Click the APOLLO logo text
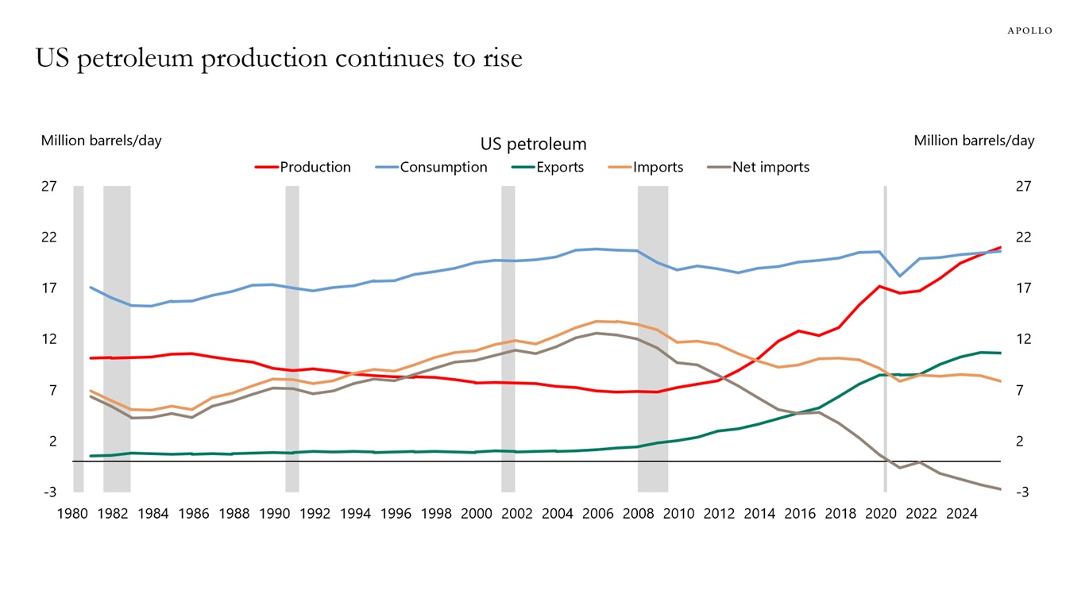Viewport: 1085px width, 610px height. click(x=1029, y=31)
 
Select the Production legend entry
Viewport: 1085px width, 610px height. click(x=315, y=167)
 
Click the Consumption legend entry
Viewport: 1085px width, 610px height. click(x=443, y=167)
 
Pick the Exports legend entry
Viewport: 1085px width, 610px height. click(x=559, y=167)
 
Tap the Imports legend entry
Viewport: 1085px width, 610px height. click(x=658, y=167)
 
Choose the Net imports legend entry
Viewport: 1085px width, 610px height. click(x=770, y=167)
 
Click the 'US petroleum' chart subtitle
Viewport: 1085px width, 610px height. click(x=533, y=145)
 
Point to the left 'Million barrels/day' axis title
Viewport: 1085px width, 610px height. click(x=101, y=141)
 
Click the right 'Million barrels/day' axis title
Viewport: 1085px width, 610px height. click(x=974, y=141)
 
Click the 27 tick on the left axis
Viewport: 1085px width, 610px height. click(x=49, y=187)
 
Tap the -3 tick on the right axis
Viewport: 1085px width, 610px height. click(x=1023, y=492)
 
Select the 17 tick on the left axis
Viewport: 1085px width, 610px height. click(x=49, y=288)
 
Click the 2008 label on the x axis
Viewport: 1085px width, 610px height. click(x=638, y=514)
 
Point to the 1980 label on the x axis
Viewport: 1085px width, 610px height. click(x=72, y=514)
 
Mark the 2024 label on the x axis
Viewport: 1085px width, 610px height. click(x=961, y=514)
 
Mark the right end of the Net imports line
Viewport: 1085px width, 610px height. click(x=1000, y=488)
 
